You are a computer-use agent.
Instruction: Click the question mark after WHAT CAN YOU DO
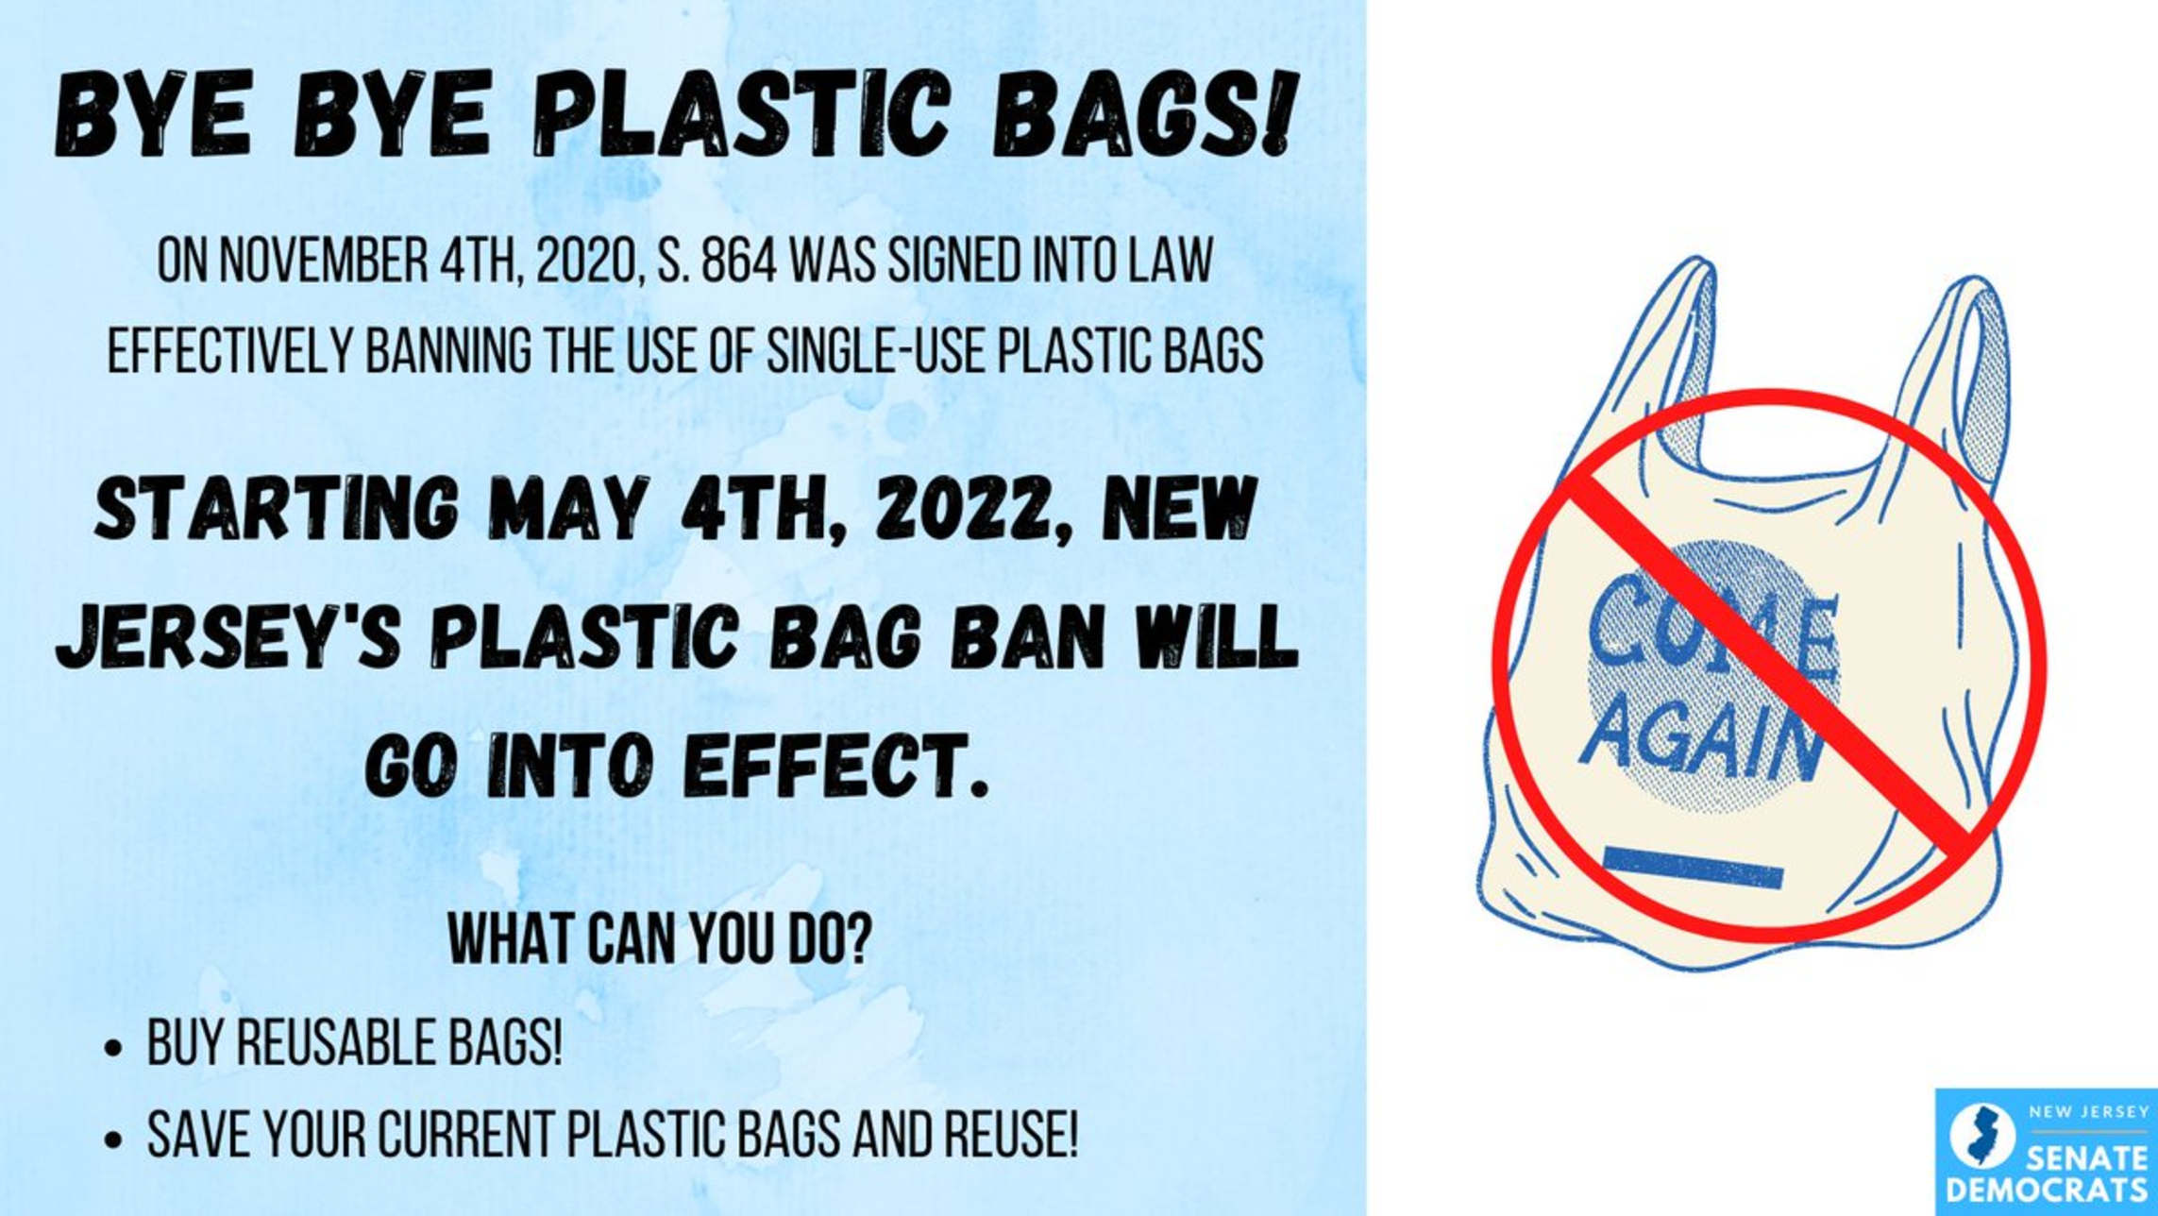coord(856,938)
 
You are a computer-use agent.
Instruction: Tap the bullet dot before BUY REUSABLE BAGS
coord(114,1048)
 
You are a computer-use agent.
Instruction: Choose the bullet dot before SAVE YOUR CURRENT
coord(114,1139)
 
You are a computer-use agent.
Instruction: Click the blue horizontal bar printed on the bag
coord(1693,868)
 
